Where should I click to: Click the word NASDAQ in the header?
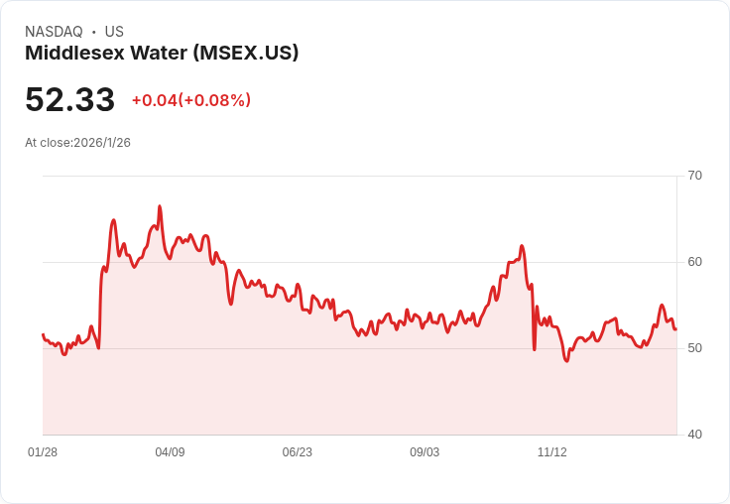[54, 32]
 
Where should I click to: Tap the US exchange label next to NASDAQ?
[114, 32]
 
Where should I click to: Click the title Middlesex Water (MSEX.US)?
[162, 53]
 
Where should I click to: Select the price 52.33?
[69, 99]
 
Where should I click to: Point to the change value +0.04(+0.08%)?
[191, 100]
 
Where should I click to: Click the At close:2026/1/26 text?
[77, 143]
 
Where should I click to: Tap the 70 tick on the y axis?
[694, 176]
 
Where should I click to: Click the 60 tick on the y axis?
[694, 262]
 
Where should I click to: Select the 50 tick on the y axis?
[694, 348]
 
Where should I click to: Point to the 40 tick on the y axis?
[694, 435]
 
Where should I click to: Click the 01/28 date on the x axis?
[43, 452]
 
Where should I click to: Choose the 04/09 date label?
[170, 452]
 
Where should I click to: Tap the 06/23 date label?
[297, 452]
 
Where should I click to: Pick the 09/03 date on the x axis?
[425, 452]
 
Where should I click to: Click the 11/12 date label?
[551, 452]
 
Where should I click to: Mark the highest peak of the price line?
[160, 206]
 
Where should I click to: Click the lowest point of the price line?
[566, 361]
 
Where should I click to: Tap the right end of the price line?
[675, 329]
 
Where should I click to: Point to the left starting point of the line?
[43, 334]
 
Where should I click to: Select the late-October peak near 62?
[522, 246]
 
